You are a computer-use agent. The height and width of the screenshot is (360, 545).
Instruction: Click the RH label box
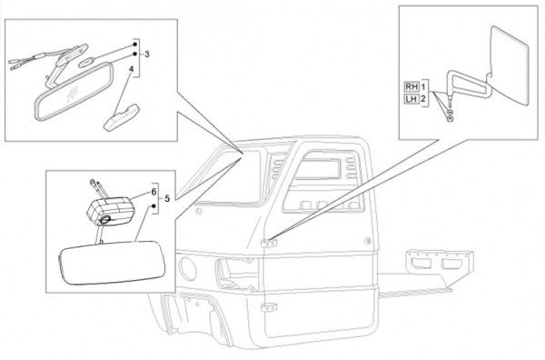click(411, 86)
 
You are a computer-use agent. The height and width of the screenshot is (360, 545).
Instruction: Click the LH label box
click(411, 99)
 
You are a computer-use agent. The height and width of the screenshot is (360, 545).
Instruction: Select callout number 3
click(147, 55)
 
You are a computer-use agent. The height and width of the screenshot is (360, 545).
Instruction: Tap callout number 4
click(131, 69)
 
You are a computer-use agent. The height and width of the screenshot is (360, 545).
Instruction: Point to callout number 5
click(167, 198)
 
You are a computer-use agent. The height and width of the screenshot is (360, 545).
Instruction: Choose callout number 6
click(154, 192)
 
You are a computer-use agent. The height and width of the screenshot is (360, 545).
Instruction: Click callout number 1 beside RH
click(423, 86)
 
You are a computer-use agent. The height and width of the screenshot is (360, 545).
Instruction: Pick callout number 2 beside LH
click(423, 99)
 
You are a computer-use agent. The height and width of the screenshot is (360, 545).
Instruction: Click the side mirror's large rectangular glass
click(510, 65)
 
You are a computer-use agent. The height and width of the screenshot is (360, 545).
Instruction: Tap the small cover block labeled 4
click(123, 117)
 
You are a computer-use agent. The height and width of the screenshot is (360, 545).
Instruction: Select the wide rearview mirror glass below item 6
click(113, 263)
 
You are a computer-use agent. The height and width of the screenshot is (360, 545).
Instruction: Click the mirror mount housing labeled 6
click(111, 211)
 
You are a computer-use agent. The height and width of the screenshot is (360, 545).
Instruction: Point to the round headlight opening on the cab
click(187, 269)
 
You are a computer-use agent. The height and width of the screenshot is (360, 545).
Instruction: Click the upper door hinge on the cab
click(269, 243)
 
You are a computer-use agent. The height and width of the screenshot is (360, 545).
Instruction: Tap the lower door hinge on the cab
click(269, 307)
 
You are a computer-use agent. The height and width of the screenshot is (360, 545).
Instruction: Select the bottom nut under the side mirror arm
click(450, 120)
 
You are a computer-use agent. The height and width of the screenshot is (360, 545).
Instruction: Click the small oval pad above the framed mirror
click(85, 63)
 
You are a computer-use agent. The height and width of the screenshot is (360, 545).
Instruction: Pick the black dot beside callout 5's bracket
click(154, 206)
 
